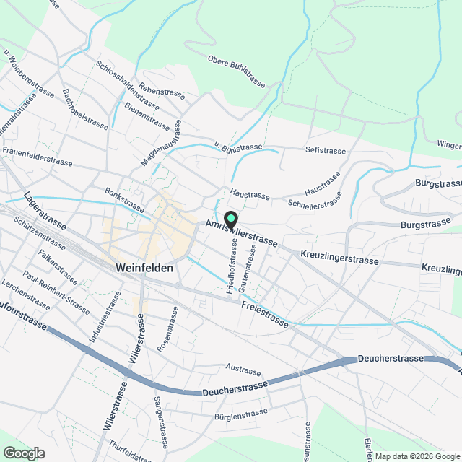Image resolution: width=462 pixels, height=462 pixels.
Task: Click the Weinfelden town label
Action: [x=144, y=267]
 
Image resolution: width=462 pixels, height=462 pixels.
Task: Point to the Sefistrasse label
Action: [x=326, y=150]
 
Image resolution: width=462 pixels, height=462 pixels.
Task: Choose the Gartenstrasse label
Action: [x=248, y=268]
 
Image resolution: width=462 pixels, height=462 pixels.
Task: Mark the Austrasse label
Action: [x=242, y=370]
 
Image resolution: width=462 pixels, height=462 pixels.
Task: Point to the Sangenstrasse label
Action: [x=161, y=422]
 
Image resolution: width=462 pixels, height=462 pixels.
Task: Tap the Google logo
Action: [x=24, y=453]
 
